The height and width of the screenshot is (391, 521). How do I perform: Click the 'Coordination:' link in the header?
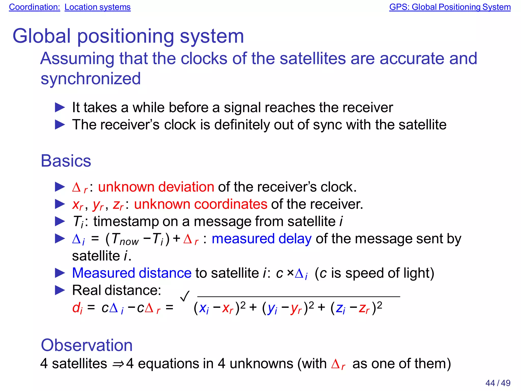(x=34, y=7)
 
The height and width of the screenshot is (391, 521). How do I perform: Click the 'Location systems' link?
(x=97, y=7)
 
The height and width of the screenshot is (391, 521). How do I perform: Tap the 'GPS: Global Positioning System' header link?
(x=450, y=7)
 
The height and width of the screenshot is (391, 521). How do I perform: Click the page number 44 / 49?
(x=498, y=383)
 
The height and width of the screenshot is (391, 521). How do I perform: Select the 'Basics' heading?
(x=66, y=161)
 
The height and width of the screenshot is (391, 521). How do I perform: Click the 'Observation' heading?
(x=86, y=345)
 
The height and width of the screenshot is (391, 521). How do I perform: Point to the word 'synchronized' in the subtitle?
(x=91, y=79)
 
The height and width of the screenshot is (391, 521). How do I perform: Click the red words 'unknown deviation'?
(x=156, y=187)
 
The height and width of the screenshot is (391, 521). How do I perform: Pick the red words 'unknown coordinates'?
(x=200, y=204)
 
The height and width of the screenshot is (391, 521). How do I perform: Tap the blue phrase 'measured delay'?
(x=262, y=239)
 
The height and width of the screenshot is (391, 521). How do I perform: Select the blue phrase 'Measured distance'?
(x=132, y=273)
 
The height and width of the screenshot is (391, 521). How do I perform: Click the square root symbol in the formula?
(x=185, y=296)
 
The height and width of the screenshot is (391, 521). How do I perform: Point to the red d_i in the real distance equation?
(x=77, y=308)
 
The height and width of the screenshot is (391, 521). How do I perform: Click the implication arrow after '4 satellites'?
(x=118, y=364)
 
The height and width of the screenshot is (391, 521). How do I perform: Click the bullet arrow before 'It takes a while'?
(x=60, y=108)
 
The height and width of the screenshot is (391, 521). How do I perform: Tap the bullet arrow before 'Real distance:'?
(x=60, y=290)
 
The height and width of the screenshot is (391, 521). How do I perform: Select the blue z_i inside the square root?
(x=340, y=308)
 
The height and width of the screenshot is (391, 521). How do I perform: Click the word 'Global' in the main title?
(x=41, y=36)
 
